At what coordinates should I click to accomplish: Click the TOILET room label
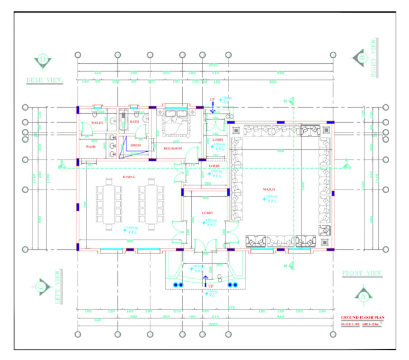[x=97, y=122]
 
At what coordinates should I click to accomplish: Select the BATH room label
[x=134, y=122]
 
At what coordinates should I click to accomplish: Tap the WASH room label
[x=91, y=146]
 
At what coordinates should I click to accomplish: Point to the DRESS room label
[x=135, y=145]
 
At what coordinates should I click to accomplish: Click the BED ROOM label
[x=173, y=148]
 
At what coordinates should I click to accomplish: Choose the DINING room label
[x=129, y=178]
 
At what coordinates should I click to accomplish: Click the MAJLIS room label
[x=269, y=190]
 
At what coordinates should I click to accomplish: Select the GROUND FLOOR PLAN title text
[x=362, y=317]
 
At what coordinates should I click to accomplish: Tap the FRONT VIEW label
[x=362, y=273]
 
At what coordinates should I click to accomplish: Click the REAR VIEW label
[x=45, y=79]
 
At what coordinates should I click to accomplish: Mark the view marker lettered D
[x=43, y=60]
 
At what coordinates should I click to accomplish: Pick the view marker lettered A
[x=363, y=296]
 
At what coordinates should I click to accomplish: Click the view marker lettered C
[x=42, y=287]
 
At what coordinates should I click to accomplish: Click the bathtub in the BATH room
[x=124, y=119]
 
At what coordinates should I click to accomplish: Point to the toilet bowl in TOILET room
[x=96, y=112]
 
